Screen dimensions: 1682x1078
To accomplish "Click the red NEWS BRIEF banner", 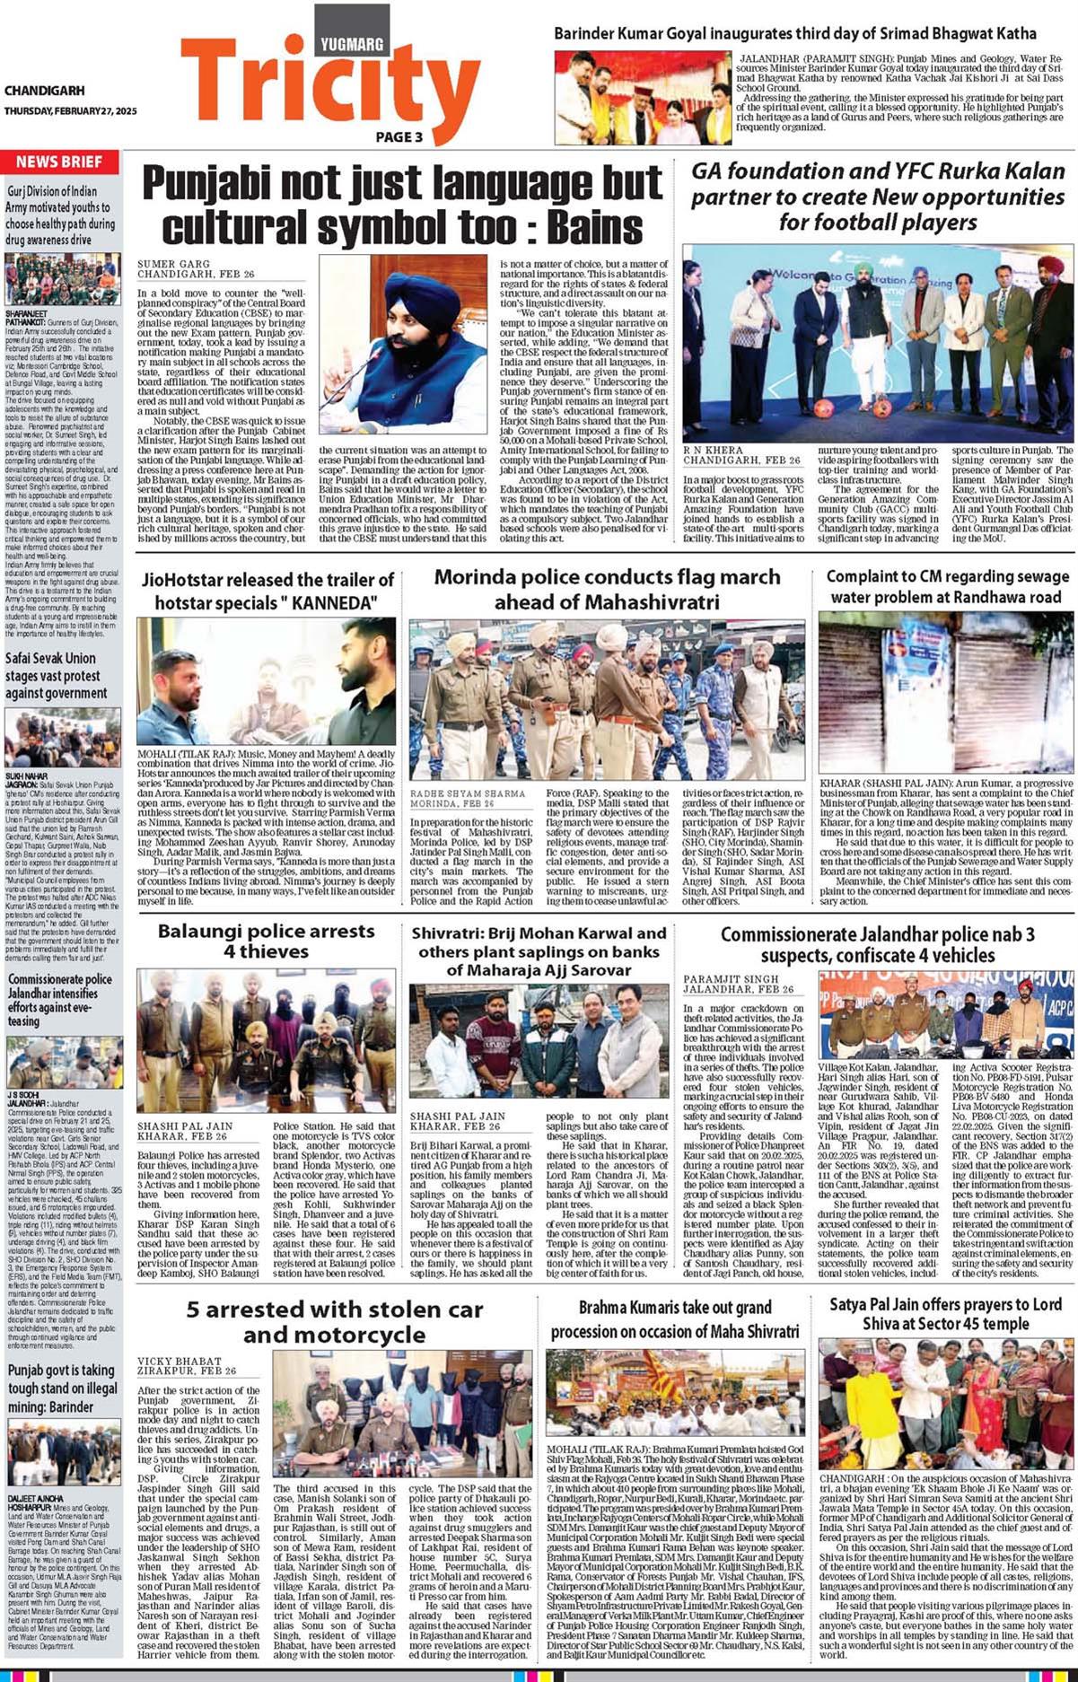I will (60, 162).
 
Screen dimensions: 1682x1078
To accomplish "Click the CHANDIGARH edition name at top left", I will (44, 91).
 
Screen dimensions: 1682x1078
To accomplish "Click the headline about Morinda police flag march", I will (607, 589).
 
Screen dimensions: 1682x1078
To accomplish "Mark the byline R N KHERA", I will (714, 448).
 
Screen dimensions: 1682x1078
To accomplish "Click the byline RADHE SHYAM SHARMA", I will (468, 793).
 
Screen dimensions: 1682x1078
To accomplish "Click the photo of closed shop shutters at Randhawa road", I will (944, 690).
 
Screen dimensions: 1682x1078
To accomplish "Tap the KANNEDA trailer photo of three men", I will (266, 679).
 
